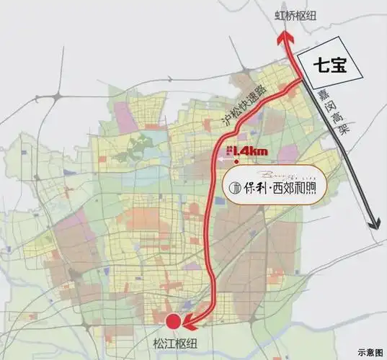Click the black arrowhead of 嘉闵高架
point(374,222)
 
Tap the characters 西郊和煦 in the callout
point(295,189)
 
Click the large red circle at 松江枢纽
point(173,323)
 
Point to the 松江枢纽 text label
point(174,343)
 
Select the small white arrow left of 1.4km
point(228,150)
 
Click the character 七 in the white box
point(316,66)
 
